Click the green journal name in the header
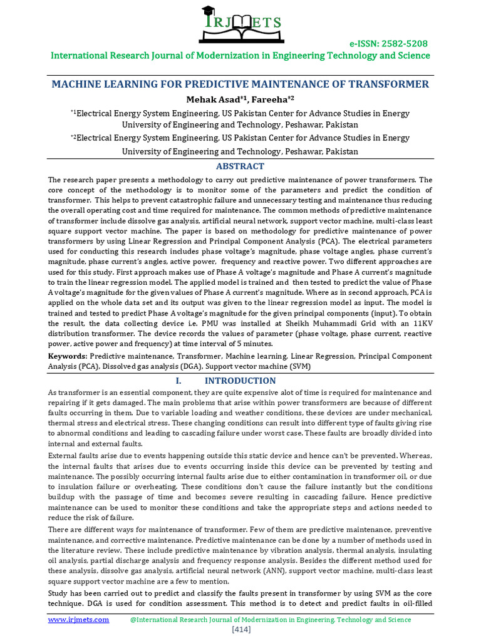[x=240, y=56]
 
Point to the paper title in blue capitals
[x=240, y=84]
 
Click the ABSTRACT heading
[x=240, y=167]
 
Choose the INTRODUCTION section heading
[x=240, y=381]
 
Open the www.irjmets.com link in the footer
[x=79, y=619]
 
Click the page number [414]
[x=241, y=629]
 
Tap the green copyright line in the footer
[x=271, y=619]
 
